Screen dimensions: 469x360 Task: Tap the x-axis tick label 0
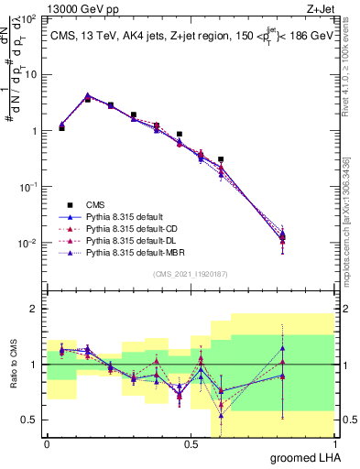pyautogui.click(x=47, y=443)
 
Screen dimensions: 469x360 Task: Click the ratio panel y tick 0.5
pyautogui.click(x=30, y=420)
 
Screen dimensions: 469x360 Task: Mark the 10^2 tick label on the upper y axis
pyautogui.click(x=29, y=18)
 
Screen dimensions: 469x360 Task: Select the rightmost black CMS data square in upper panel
pyautogui.click(x=221, y=159)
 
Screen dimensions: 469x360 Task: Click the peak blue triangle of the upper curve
pyautogui.click(x=87, y=96)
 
